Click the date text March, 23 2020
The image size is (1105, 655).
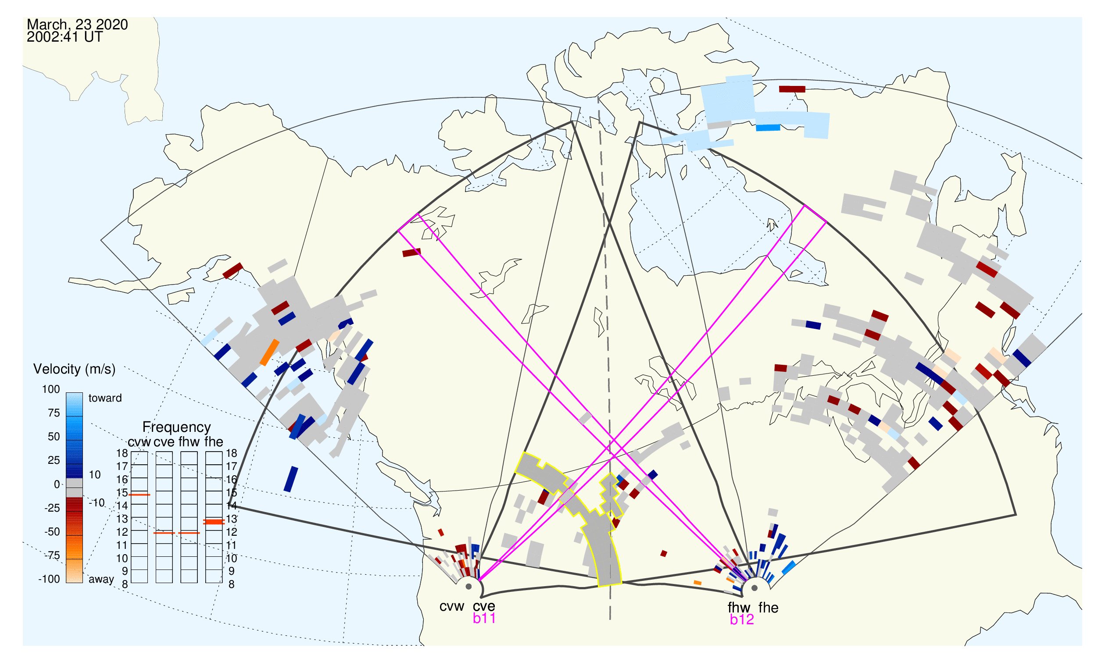77,25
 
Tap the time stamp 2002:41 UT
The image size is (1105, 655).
64,37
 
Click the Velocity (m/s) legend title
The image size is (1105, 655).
74,370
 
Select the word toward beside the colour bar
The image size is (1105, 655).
105,398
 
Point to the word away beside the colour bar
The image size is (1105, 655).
101,580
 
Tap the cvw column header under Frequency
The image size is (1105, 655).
139,442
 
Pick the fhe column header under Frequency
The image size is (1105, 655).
214,442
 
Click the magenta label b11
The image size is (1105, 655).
484,619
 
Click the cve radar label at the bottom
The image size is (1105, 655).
484,607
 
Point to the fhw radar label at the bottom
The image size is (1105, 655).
739,608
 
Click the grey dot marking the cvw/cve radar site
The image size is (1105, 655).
468,587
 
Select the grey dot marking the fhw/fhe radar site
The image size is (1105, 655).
755,588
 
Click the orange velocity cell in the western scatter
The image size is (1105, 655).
269,352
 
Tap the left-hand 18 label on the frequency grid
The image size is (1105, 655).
122,453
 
